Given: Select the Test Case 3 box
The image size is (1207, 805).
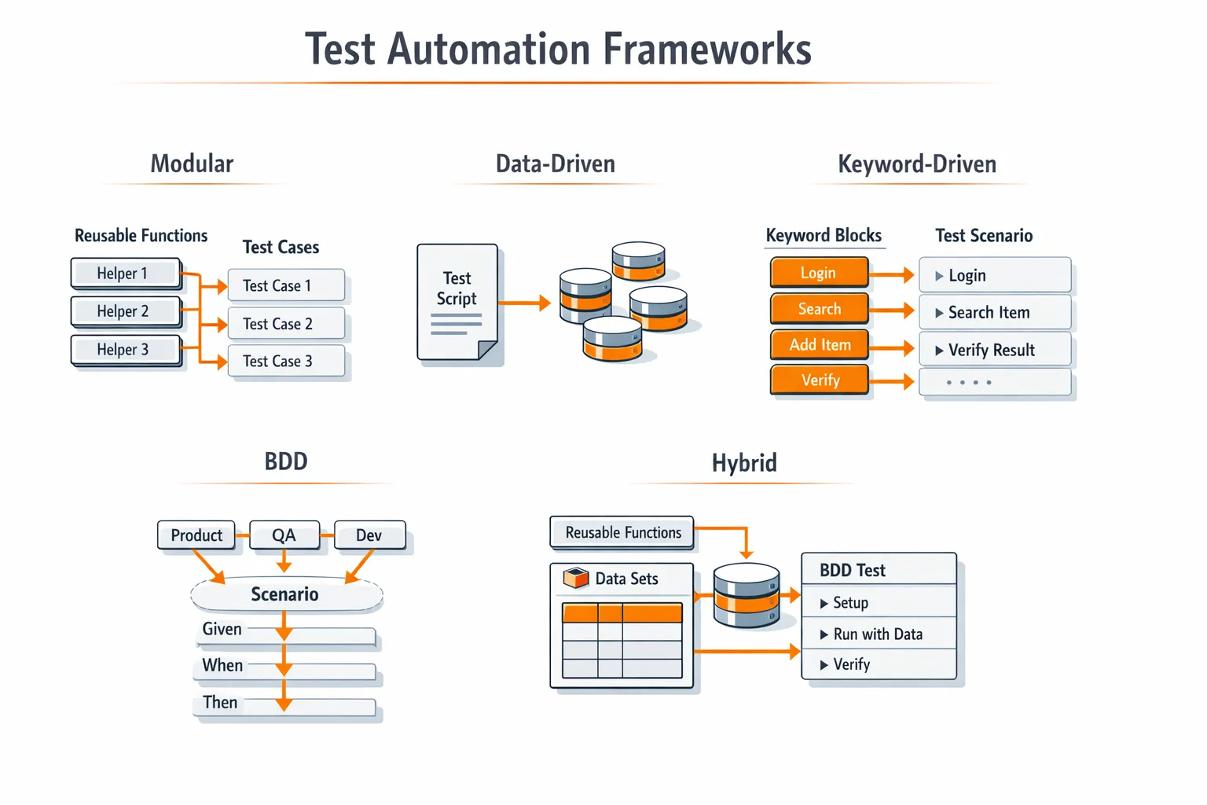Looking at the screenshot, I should point(286,362).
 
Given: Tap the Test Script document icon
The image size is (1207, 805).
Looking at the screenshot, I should point(457,303).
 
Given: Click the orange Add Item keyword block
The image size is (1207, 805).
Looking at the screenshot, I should point(820,345).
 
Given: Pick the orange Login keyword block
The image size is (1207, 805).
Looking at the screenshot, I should point(819,273).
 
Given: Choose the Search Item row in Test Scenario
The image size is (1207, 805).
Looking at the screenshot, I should point(995,313).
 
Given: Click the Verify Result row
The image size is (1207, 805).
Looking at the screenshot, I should point(995,350).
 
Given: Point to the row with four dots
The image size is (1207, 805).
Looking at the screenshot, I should point(995,383).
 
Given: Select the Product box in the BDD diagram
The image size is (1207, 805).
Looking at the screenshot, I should point(196,535).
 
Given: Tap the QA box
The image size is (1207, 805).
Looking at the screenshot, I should point(284,535).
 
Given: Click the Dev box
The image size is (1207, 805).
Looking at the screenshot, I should point(369,535).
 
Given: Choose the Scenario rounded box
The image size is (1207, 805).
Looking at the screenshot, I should point(286,594).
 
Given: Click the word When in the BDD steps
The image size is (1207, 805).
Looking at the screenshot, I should point(222,666).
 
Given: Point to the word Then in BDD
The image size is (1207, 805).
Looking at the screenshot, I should point(220,703).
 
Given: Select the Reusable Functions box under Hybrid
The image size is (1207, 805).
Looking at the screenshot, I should point(622,533).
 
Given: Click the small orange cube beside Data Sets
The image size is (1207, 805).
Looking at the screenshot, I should point(576,579).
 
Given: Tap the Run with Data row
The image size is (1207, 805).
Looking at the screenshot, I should point(879,634).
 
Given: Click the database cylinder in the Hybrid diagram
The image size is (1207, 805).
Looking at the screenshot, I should point(747,596).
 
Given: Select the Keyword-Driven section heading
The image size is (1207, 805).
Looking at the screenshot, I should point(917,164).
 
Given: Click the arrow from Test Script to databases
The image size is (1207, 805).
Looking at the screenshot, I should point(524,303).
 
